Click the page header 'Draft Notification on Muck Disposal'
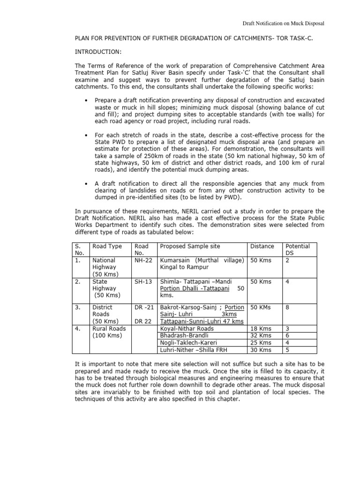(x=283, y=23)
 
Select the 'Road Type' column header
(x=107, y=246)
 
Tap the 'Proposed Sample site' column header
(x=190, y=246)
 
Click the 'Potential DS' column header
(x=298, y=249)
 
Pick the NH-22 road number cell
(x=142, y=260)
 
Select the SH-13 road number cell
(x=142, y=282)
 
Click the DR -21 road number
(x=144, y=307)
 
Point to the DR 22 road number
(x=142, y=321)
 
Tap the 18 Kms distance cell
(x=261, y=329)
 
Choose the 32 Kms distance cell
(x=261, y=336)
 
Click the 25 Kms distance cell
(x=261, y=343)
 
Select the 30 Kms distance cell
(x=261, y=350)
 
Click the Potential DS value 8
(x=287, y=307)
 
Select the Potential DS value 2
(x=287, y=260)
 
